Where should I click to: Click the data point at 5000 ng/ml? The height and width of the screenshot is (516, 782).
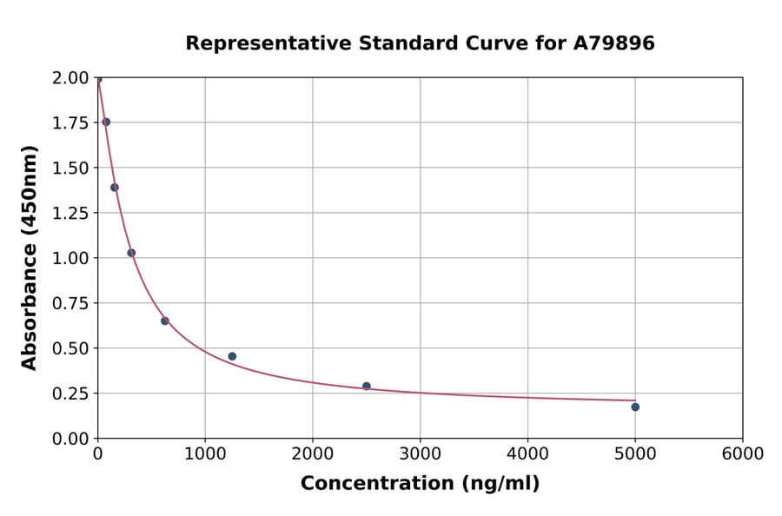635,407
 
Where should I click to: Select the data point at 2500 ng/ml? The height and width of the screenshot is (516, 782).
367,386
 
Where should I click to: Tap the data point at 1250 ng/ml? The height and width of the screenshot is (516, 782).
232,356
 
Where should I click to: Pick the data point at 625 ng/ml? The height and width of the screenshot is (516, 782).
165,321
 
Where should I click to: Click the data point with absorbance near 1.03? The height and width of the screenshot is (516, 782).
131,253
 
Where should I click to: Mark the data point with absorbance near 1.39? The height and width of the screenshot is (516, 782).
115,188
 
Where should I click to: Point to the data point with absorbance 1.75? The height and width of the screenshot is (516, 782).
106,122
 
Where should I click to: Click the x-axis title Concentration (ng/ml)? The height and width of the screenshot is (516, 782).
420,484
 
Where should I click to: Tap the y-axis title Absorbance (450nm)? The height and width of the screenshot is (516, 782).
30,257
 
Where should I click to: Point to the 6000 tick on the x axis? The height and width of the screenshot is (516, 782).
742,454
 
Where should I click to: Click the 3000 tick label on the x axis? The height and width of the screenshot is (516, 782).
420,454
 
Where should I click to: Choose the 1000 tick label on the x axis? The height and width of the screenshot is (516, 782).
205,454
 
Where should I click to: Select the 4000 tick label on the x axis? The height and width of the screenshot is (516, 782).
527,454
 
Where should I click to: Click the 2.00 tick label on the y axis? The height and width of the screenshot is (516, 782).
70,78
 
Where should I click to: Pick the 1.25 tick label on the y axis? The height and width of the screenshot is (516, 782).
70,213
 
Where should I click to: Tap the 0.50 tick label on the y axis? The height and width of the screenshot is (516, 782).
70,348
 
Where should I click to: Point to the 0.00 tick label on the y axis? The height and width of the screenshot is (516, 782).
70,439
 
